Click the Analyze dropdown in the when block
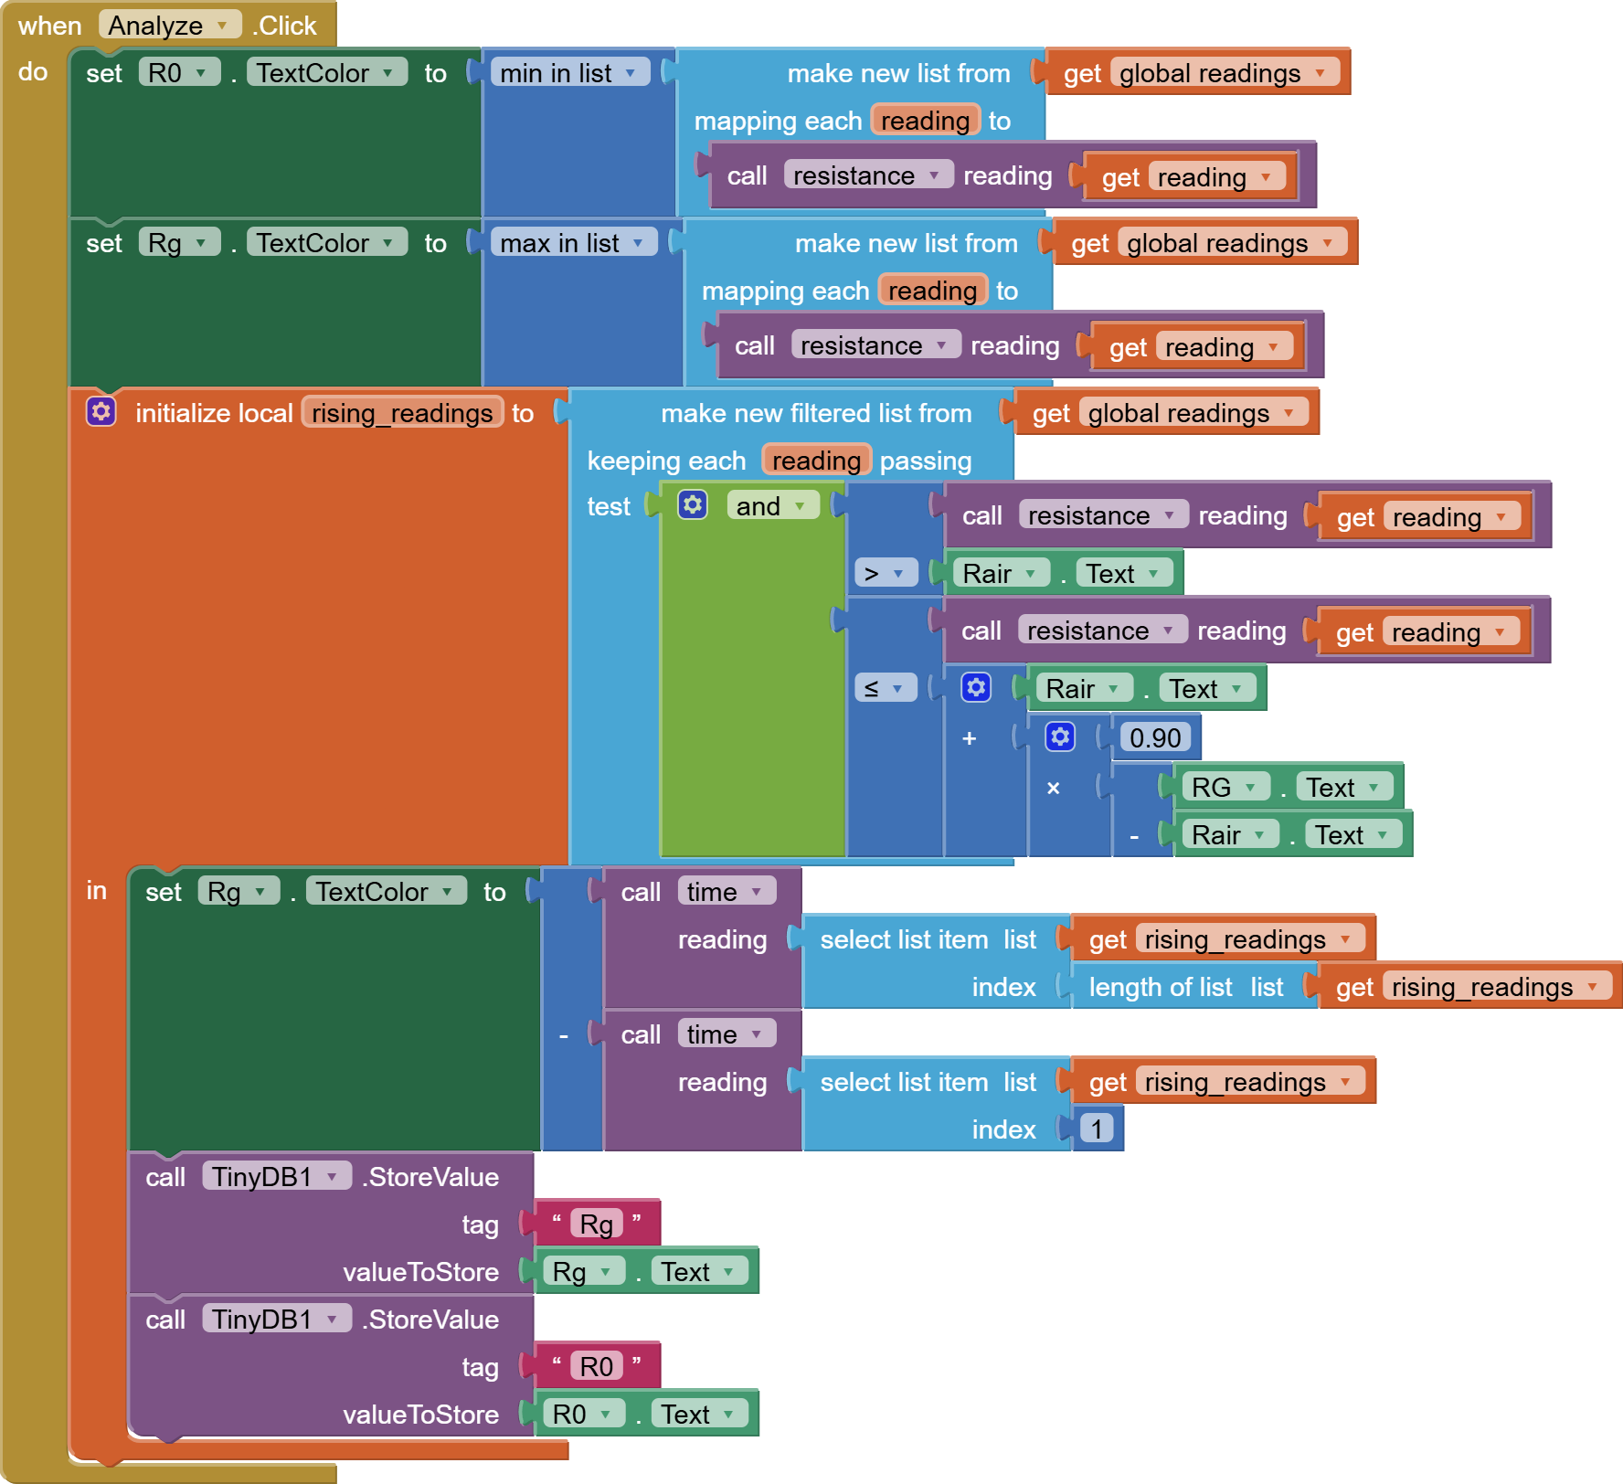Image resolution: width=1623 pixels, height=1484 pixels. [169, 25]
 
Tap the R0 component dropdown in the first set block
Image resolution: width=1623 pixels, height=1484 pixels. [179, 73]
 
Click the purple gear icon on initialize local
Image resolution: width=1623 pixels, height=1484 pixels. [101, 412]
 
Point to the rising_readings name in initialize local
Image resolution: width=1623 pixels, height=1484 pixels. [402, 413]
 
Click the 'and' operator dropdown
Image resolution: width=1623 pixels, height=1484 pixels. [771, 506]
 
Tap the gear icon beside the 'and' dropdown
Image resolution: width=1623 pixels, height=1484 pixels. [693, 504]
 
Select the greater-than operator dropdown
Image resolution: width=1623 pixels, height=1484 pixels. [885, 574]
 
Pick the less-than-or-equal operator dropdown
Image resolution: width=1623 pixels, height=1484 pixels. [885, 688]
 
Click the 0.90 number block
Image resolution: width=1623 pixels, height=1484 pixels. [1155, 737]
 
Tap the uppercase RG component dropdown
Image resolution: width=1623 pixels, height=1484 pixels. [1224, 787]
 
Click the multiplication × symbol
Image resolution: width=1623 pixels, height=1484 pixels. [1054, 788]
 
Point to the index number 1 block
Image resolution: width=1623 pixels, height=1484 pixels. [1097, 1129]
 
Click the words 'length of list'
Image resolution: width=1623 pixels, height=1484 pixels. [1161, 987]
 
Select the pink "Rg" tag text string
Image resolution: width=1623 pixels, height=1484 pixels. [596, 1224]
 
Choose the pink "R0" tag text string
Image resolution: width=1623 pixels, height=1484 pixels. [596, 1366]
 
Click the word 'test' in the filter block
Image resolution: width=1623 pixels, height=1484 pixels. [609, 506]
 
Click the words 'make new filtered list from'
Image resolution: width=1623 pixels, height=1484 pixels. [815, 413]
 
